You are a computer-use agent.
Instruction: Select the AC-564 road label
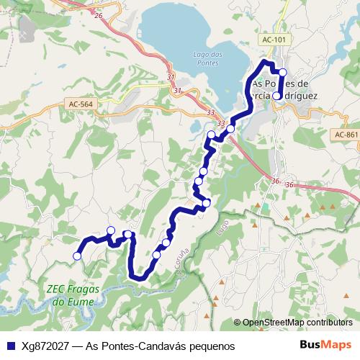click(81, 104)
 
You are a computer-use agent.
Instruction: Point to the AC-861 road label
click(346, 135)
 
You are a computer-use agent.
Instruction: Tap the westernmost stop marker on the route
click(77, 255)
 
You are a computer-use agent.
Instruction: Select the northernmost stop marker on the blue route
click(282, 72)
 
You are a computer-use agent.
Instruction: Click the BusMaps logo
click(325, 346)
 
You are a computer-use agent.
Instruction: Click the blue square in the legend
click(9, 346)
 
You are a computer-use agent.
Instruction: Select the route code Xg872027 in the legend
click(44, 346)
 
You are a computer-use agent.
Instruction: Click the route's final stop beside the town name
click(276, 94)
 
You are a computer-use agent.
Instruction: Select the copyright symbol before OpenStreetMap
click(238, 323)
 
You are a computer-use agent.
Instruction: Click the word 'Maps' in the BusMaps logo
click(338, 346)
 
